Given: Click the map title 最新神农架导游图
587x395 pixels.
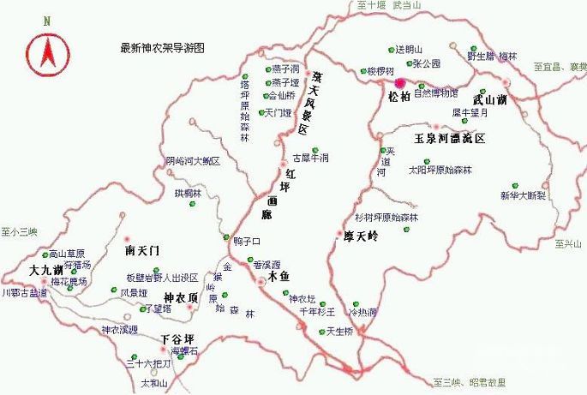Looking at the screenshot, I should coord(164,48).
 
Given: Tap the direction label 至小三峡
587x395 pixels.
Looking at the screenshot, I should coord(20,231).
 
